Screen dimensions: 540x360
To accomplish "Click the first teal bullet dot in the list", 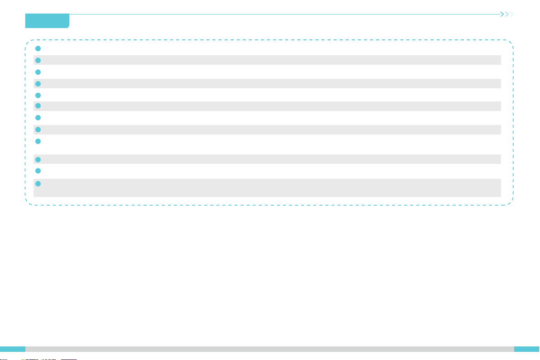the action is [38, 48].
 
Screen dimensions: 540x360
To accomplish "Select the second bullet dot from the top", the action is [38, 60].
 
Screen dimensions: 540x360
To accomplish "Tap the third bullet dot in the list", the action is [38, 72].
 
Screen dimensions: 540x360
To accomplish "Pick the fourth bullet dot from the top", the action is [38, 84].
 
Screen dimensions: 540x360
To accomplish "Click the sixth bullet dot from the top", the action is [38, 106].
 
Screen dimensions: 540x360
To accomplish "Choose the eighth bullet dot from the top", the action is [38, 130].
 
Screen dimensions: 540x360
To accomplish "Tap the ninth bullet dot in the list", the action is [38, 141].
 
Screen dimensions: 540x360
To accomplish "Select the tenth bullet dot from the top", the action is [38, 159].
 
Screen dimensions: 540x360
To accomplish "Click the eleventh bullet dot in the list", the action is [38, 171].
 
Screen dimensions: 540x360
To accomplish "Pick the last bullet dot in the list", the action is [38, 184].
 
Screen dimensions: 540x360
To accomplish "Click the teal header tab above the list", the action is [47, 21].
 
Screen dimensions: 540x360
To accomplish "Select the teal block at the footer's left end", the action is [12, 349].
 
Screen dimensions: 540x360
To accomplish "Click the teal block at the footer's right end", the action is [527, 349].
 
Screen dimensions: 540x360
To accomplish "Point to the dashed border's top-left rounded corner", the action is [28, 43].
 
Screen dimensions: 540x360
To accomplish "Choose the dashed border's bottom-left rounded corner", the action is [28, 203].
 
